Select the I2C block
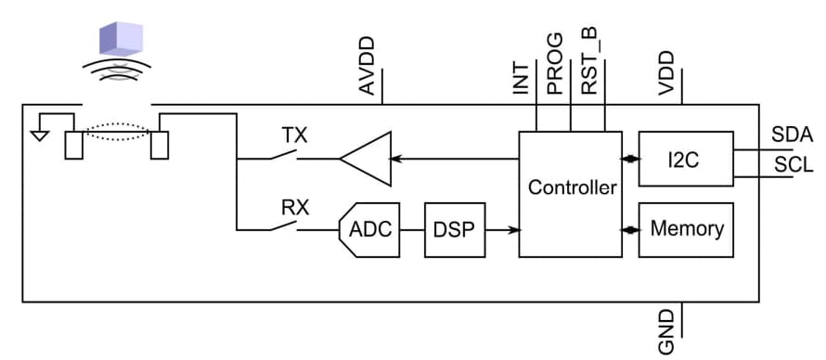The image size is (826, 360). pos(685,159)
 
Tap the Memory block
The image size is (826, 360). pos(686,228)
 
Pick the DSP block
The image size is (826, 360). pos(455,228)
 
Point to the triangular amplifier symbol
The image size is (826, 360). pos(364,159)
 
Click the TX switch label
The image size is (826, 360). pos(294,135)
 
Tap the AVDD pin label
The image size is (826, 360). pos(367,65)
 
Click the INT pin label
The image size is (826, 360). pos(522,78)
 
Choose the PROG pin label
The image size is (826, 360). pos(555,64)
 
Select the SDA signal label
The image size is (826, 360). pos(792,135)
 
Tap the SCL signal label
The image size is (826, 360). pos(792,165)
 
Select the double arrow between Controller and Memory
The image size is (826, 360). pos(630,228)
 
